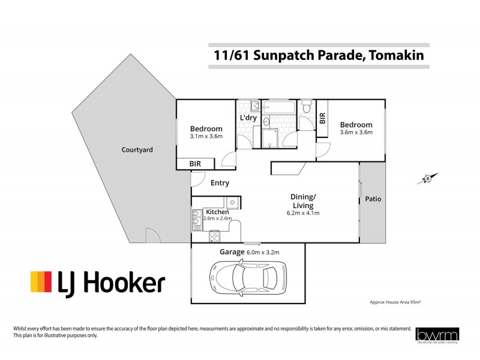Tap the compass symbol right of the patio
[x=428, y=178]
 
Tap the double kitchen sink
[x=196, y=220]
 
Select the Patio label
[x=373, y=199]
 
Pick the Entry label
[x=220, y=183]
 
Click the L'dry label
[x=248, y=118]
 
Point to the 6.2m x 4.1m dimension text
[x=304, y=212]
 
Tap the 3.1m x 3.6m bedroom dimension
[x=206, y=136]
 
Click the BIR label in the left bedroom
[x=195, y=163]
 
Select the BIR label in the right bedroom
[x=322, y=118]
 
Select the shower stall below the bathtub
[x=269, y=138]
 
